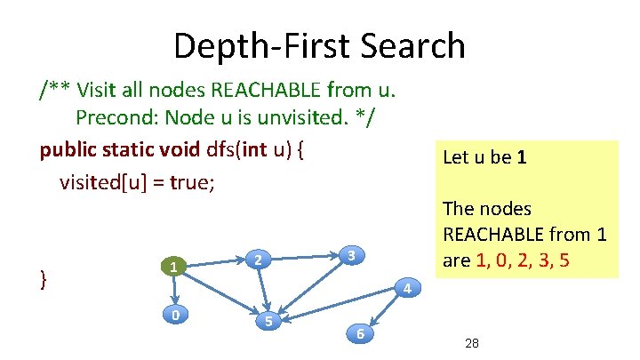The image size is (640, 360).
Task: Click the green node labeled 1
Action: point(177,266)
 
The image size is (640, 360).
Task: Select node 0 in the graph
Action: point(177,314)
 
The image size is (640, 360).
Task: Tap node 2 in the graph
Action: point(257,260)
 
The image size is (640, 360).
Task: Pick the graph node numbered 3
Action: point(352,255)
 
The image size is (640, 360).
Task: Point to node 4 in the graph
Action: point(405,288)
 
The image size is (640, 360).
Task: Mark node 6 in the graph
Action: point(359,333)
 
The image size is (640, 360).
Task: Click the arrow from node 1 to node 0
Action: point(177,290)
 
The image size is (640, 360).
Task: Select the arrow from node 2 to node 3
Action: point(304,257)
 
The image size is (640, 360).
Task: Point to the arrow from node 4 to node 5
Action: point(338,304)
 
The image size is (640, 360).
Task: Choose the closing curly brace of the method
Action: point(44,279)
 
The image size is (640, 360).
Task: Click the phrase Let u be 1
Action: point(484,157)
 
